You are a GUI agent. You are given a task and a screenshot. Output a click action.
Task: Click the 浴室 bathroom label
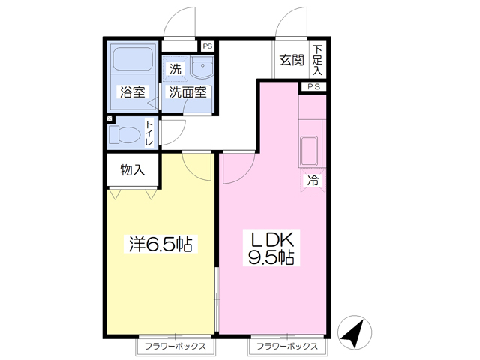coord(132,91)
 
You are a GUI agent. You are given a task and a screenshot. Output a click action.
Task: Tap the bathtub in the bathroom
coord(133,58)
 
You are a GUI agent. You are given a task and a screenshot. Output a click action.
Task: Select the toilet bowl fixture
coord(124,135)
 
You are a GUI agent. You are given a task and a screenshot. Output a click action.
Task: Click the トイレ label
coord(149,133)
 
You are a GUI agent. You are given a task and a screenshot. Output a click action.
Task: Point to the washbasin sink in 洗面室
coord(202,67)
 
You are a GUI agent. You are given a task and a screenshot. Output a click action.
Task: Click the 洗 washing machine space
coord(175,69)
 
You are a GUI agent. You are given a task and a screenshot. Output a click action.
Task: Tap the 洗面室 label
coord(188,91)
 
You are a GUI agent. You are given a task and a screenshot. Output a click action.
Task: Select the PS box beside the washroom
coord(208,46)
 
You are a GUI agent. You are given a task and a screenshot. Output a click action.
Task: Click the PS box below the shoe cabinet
coord(313,87)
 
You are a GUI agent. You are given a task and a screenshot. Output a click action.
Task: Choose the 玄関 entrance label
coord(292,60)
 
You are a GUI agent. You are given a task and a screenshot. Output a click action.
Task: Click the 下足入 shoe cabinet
coord(317,60)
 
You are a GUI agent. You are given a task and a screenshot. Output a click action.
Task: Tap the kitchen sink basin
coord(310,151)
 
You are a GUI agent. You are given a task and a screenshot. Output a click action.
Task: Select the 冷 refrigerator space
coord(313,181)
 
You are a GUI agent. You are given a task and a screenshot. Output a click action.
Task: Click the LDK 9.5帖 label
coord(271,247)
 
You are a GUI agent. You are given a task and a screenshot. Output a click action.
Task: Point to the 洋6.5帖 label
coord(160,244)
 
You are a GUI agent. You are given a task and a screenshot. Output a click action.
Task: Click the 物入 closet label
coord(132,170)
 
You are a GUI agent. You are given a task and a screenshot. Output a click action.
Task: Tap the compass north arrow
coord(355,332)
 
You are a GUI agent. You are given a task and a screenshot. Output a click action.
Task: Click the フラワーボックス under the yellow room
coord(175,346)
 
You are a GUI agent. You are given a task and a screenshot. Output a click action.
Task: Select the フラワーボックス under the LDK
coord(287,346)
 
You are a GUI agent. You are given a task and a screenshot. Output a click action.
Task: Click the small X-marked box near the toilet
coord(109,118)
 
